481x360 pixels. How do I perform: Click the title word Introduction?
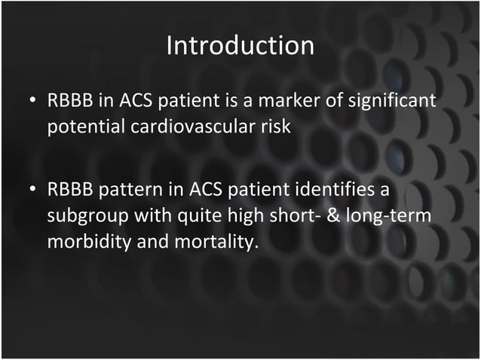click(240, 45)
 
